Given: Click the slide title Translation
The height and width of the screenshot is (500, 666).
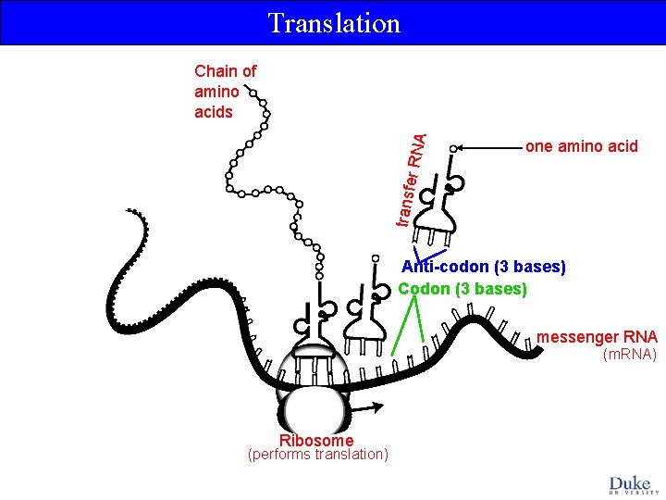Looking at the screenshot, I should tap(333, 23).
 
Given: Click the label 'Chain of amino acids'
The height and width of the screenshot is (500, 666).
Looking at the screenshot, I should tap(225, 91).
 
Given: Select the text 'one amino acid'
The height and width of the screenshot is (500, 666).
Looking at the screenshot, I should tap(581, 146).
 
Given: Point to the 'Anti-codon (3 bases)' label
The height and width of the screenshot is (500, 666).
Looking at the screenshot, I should tap(483, 267).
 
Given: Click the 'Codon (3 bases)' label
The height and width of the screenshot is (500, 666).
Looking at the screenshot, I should tap(462, 289).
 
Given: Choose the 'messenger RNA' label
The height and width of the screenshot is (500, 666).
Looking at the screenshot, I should tap(597, 337).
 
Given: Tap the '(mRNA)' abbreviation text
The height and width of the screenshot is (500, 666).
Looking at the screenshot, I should tap(629, 355).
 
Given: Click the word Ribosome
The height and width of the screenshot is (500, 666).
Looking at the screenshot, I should tap(315, 441).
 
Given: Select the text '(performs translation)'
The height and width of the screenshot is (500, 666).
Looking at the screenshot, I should tap(317, 455).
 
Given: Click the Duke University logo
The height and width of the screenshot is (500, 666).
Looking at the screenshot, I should tap(630, 485).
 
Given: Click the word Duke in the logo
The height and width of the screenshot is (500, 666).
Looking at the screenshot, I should tap(630, 482).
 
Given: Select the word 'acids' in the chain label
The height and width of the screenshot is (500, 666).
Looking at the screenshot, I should tap(214, 112).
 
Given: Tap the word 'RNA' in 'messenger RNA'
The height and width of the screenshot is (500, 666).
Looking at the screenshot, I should tap(638, 337).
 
